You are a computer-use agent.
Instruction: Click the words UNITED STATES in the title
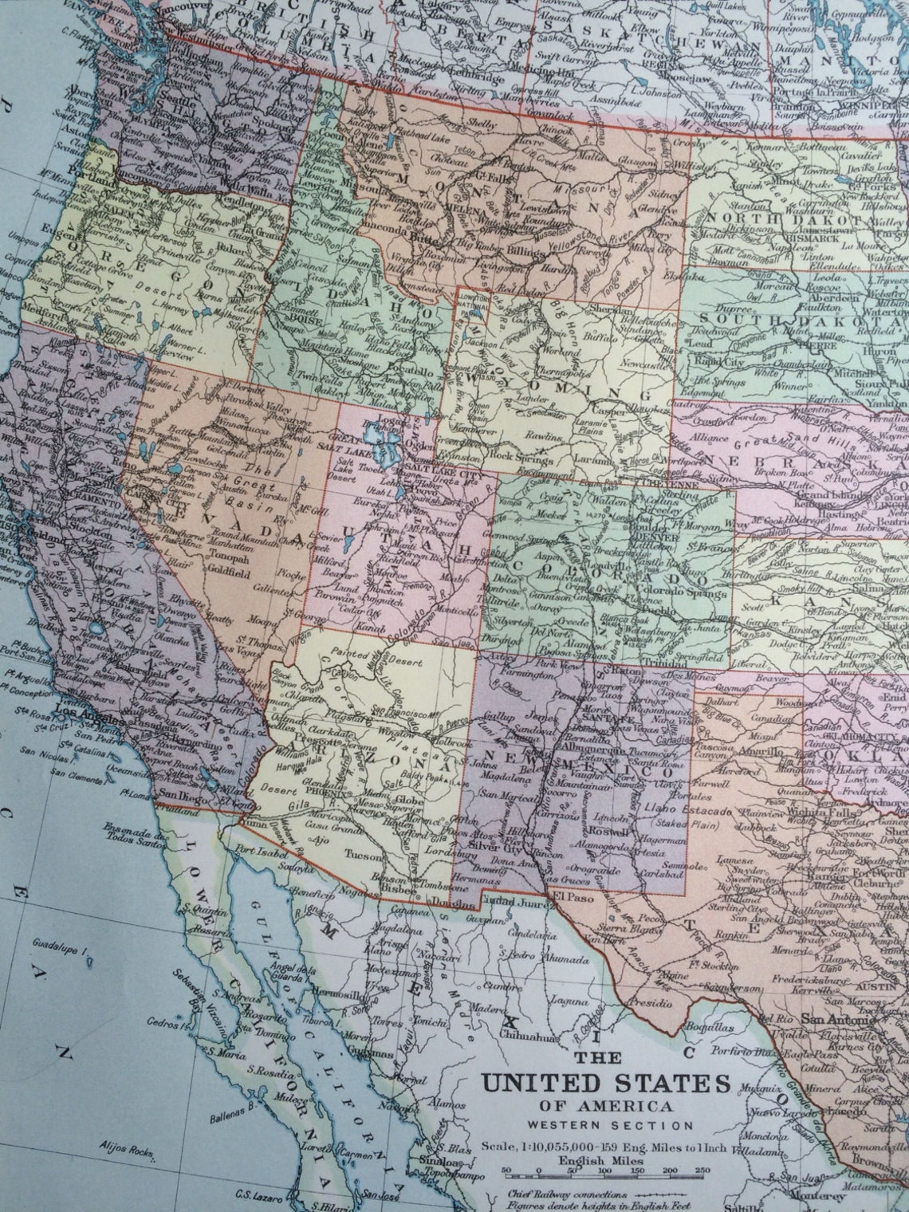(605, 1084)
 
